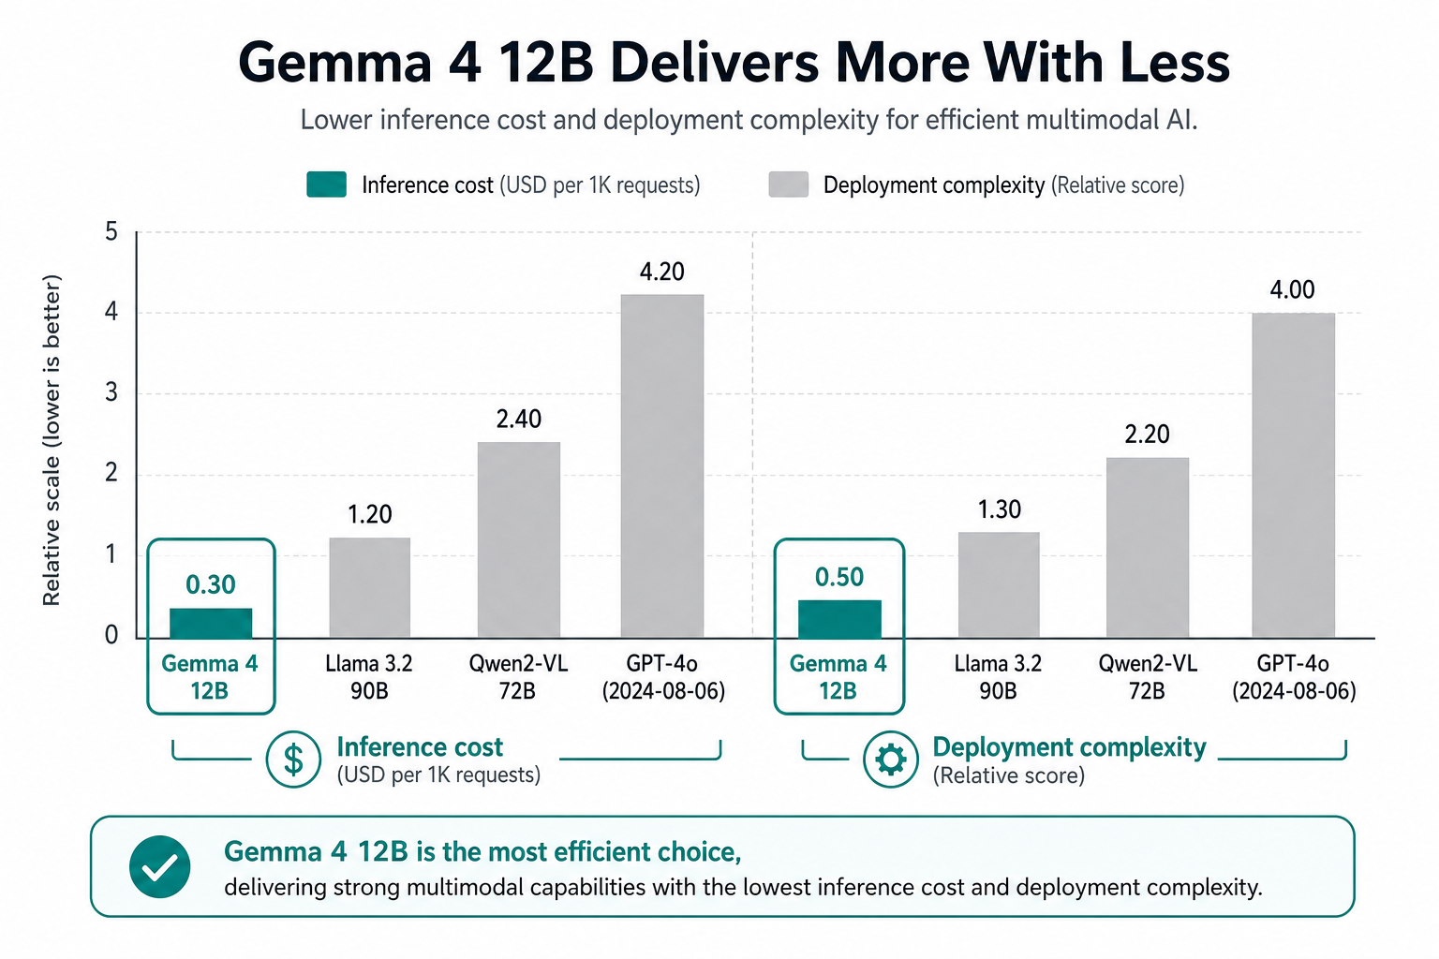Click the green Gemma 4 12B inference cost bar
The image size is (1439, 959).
pyautogui.click(x=211, y=623)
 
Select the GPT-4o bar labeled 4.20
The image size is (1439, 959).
pyautogui.click(x=662, y=466)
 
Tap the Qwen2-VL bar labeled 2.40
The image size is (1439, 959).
pyautogui.click(x=519, y=540)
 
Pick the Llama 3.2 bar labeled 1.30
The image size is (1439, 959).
pyautogui.click(x=999, y=585)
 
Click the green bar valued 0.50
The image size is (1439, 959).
pyautogui.click(x=839, y=619)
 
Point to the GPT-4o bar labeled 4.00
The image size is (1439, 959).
pyautogui.click(x=1293, y=476)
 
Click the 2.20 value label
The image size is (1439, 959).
pyautogui.click(x=1148, y=435)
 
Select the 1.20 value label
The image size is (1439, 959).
pyautogui.click(x=369, y=514)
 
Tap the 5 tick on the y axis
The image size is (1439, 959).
pyautogui.click(x=111, y=231)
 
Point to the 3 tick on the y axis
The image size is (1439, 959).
pyautogui.click(x=111, y=392)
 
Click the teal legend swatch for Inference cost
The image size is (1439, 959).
pyautogui.click(x=326, y=184)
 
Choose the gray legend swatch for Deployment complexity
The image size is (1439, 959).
pyautogui.click(x=788, y=184)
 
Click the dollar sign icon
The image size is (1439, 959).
pyautogui.click(x=293, y=760)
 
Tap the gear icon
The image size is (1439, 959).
pyautogui.click(x=890, y=760)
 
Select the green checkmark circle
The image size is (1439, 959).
pyautogui.click(x=160, y=866)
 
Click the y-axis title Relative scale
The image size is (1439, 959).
pyautogui.click(x=52, y=440)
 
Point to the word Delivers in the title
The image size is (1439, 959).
pyautogui.click(x=715, y=63)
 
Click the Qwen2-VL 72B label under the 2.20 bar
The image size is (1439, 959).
pyautogui.click(x=1148, y=677)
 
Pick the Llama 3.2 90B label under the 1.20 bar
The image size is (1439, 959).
pyautogui.click(x=369, y=677)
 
